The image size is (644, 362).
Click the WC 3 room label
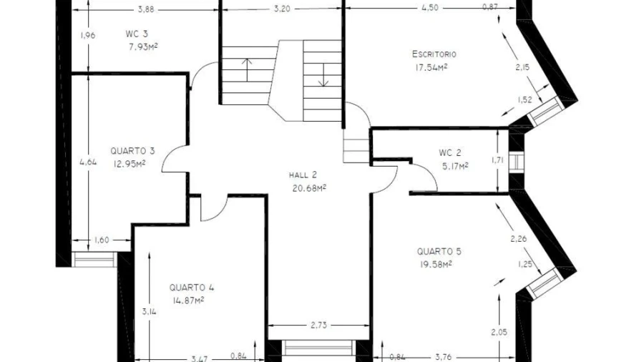tap(137, 34)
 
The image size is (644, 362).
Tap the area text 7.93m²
tap(143, 47)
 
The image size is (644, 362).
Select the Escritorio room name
tap(434, 54)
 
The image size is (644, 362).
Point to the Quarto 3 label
tap(132, 151)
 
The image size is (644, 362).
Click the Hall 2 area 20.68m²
tap(309, 188)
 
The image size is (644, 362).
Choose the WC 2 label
tap(450, 152)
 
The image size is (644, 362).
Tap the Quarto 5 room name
tap(439, 251)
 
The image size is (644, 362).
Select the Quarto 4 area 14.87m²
tap(188, 300)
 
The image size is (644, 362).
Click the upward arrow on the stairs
tap(246, 70)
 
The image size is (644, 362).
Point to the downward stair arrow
tap(323, 74)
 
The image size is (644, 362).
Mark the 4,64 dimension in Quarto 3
tap(88, 162)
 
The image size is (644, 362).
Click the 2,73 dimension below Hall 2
tap(318, 326)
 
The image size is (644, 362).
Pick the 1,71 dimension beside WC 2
tap(497, 160)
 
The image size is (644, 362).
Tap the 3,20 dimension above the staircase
tap(282, 9)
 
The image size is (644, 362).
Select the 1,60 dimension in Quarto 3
tap(102, 240)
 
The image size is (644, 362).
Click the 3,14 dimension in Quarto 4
tap(149, 311)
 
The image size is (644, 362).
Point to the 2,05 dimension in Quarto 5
tap(499, 333)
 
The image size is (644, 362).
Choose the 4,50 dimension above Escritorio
tap(430, 7)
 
